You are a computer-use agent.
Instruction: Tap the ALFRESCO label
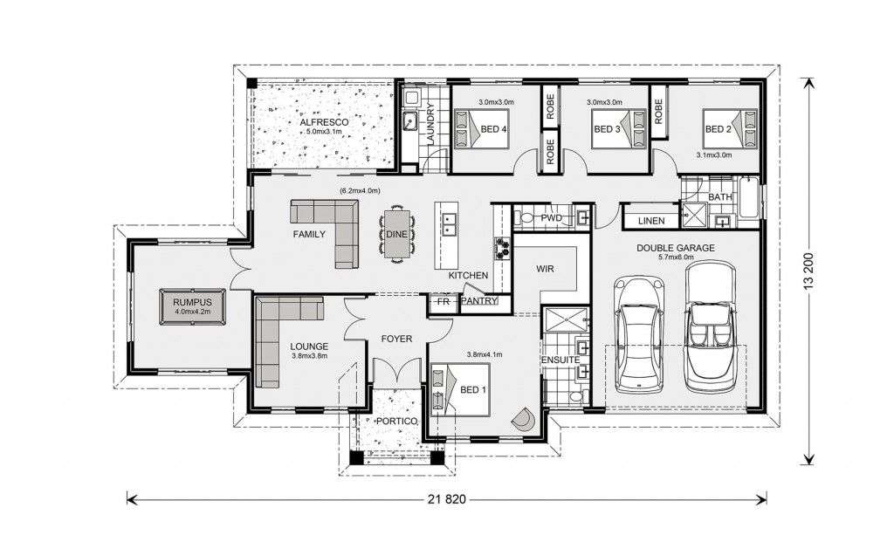tap(324, 123)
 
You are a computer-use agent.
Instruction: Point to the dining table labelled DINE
tap(395, 234)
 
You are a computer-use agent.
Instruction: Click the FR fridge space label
tap(442, 302)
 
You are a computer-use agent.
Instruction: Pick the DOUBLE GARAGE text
tap(675, 248)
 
